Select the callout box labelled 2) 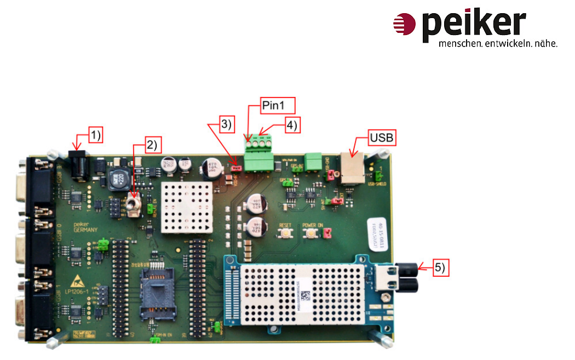pos(151,146)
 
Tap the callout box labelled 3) pos(226,124)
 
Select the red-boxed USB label pos(381,138)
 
